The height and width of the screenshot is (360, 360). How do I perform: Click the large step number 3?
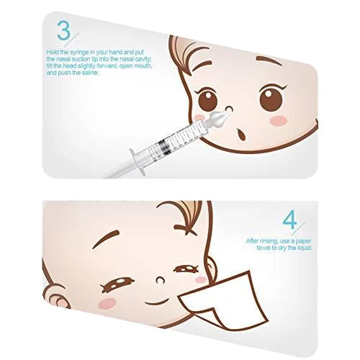pos(63,32)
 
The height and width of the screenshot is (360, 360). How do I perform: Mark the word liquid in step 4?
pos(312,247)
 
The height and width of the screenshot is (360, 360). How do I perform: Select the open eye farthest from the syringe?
pos(272,97)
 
